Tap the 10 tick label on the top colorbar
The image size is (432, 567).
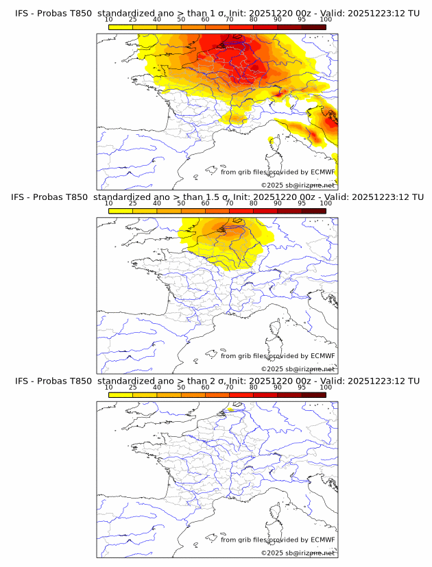109,19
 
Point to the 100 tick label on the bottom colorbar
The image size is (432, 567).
326,388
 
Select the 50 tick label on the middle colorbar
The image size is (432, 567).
181,203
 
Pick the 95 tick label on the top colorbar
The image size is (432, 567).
302,19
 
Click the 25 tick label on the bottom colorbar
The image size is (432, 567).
133,388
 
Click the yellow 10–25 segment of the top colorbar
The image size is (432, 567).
121,26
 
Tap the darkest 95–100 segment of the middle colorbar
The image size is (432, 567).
313,210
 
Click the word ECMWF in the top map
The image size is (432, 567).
322,172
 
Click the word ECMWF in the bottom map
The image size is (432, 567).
322,540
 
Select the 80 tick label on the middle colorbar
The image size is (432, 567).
254,203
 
